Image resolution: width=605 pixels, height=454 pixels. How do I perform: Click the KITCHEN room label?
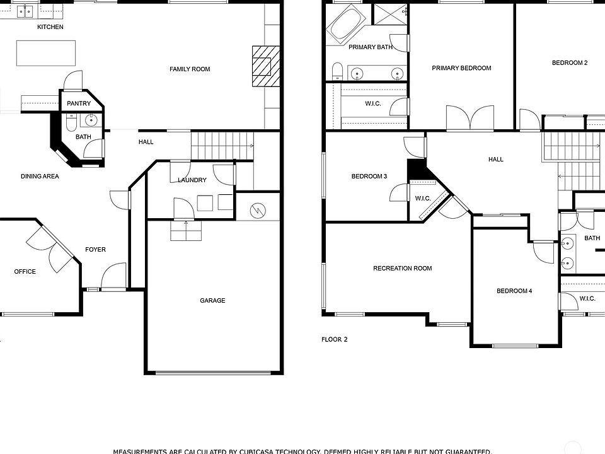click(50, 27)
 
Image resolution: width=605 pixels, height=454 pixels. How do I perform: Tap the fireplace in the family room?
click(264, 66)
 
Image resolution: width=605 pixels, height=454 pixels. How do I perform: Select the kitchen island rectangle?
click(45, 53)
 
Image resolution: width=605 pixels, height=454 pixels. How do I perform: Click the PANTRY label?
click(79, 104)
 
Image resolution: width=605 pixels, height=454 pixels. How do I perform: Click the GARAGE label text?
click(212, 301)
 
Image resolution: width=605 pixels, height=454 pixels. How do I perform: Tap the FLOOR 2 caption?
click(334, 340)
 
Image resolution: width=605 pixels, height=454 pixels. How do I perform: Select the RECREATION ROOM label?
click(402, 269)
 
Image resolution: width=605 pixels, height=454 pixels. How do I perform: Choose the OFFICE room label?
click(25, 272)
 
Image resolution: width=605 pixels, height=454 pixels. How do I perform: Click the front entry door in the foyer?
click(113, 277)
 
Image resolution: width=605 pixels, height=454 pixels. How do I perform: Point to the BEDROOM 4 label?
click(514, 291)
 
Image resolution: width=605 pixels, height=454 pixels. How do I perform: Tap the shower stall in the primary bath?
click(391, 15)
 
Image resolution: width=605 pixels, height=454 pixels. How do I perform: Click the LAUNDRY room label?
click(192, 180)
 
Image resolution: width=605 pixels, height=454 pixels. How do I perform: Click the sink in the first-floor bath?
click(91, 120)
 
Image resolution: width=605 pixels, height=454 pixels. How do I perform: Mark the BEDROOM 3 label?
click(369, 177)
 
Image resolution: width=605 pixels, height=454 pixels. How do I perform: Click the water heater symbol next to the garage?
click(258, 210)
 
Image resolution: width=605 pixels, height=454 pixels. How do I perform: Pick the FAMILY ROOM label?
click(190, 69)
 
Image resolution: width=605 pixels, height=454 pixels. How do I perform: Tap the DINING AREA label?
click(40, 177)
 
